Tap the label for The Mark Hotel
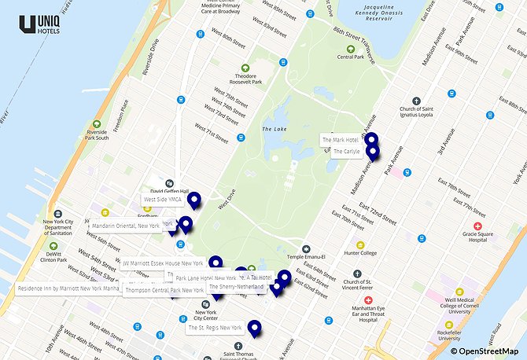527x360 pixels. coord(341,140)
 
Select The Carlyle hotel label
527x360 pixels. coord(345,151)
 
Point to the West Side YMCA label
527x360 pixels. coord(162,200)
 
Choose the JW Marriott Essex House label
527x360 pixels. coord(163,263)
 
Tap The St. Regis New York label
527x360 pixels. coord(215,327)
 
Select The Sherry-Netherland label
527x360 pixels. coord(236,287)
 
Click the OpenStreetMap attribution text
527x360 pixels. coord(488,351)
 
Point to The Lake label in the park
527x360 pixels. coord(272,129)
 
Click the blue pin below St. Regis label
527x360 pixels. coord(254,329)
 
